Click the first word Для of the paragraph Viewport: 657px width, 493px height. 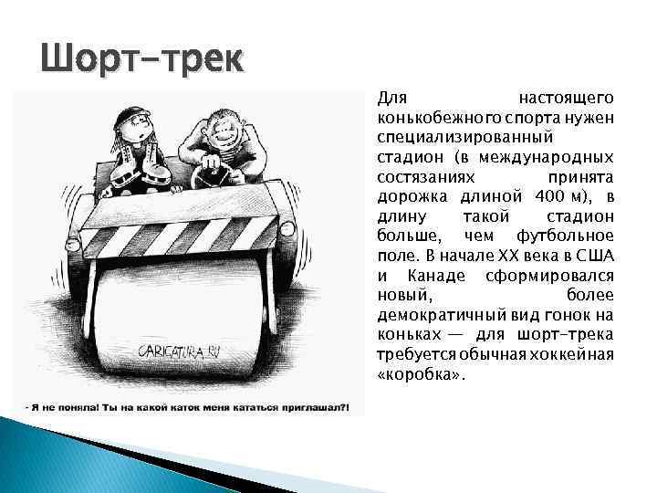point(391,97)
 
